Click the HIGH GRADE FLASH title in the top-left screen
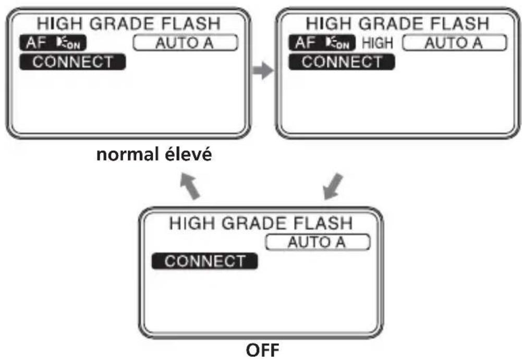pyautogui.click(x=128, y=23)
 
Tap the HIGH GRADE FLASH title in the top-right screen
pyautogui.click(x=397, y=23)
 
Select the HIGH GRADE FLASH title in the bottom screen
pyautogui.click(x=261, y=223)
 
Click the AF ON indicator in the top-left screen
pyautogui.click(x=53, y=43)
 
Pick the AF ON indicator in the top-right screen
pyautogui.click(x=322, y=43)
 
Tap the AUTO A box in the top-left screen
pyautogui.click(x=186, y=43)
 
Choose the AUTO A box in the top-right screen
pyautogui.click(x=454, y=43)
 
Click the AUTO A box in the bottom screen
pyautogui.click(x=318, y=242)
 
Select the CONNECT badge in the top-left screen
pyautogui.click(x=72, y=62)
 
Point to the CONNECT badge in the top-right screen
pyautogui.click(x=342, y=62)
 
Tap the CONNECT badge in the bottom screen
pyautogui.click(x=205, y=261)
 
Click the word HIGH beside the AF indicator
pyautogui.click(x=378, y=43)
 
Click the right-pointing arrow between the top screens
pyautogui.click(x=263, y=70)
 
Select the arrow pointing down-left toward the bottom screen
pyautogui.click(x=333, y=186)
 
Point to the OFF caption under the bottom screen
pyautogui.click(x=262, y=350)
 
